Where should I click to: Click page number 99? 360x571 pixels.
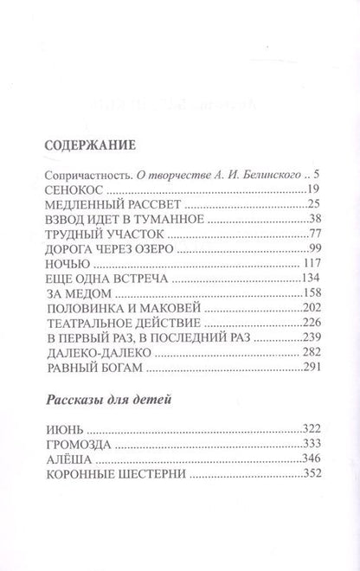point(314,249)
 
